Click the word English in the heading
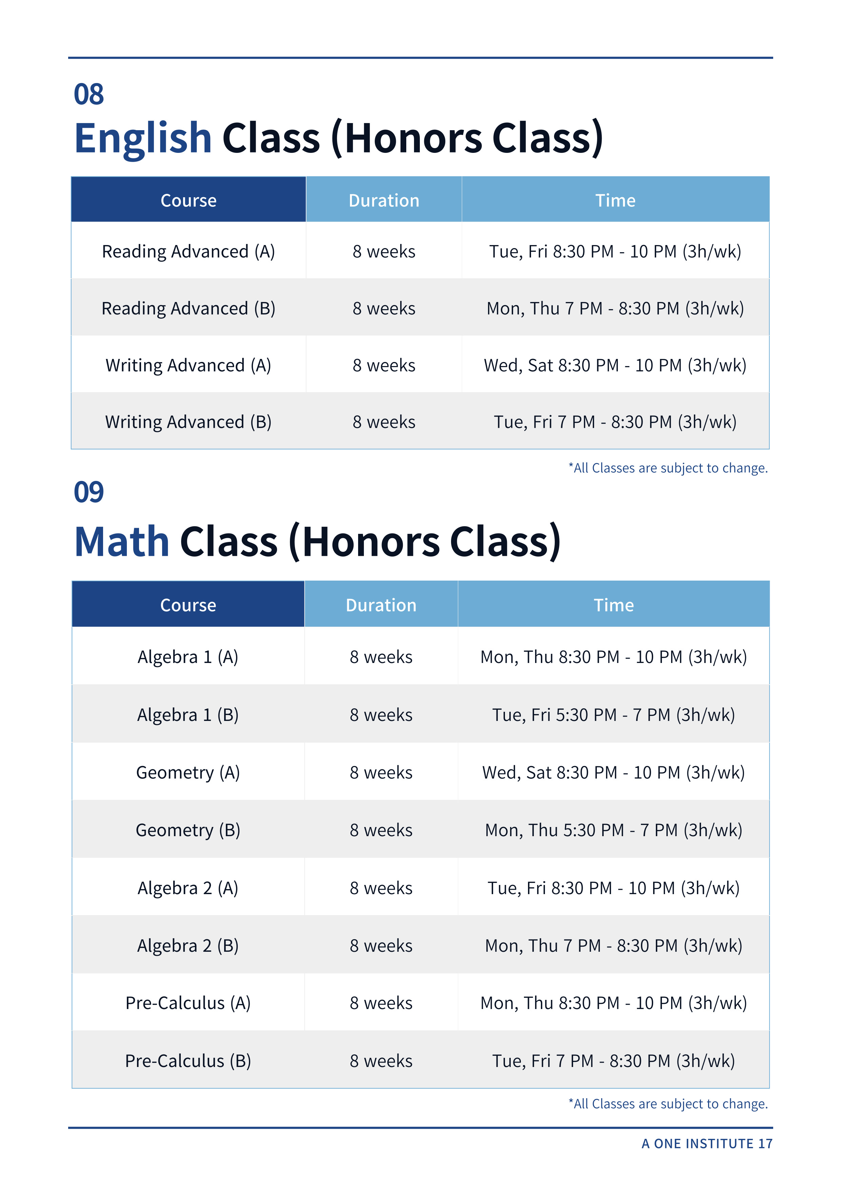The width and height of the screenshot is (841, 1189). tap(143, 138)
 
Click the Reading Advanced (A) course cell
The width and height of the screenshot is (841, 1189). tap(188, 252)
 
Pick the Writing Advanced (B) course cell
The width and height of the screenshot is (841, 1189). tap(188, 422)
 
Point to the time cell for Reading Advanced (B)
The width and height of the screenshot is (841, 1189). tap(615, 309)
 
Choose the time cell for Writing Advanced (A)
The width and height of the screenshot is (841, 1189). tap(615, 366)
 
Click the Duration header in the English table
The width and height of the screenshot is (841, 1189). tap(384, 200)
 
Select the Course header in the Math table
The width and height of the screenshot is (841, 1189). tap(188, 605)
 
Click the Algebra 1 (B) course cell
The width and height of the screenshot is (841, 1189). tap(188, 715)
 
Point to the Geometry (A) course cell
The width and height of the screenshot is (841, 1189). tap(188, 773)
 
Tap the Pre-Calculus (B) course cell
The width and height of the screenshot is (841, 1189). tap(188, 1061)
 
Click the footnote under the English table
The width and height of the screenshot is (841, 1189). tap(668, 468)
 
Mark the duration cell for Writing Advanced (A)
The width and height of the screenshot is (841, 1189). tap(384, 366)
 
